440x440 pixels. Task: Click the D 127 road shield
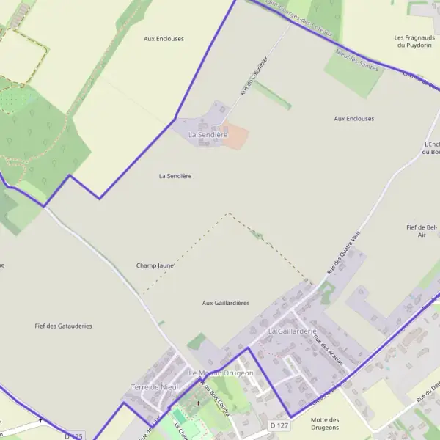tap(277, 425)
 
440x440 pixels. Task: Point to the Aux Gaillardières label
tap(226, 303)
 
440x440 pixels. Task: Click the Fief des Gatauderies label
tap(64, 326)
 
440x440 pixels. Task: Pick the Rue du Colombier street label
tap(250, 80)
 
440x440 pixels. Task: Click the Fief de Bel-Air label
tap(422, 232)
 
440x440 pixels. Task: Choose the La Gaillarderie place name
tap(292, 331)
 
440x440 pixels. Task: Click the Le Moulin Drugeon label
tap(221, 373)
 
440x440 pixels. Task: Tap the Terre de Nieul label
tap(155, 386)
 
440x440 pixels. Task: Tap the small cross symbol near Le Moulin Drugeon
tap(197, 403)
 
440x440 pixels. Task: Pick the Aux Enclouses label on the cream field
tap(164, 38)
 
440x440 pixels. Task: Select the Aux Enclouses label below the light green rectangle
tap(353, 118)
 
